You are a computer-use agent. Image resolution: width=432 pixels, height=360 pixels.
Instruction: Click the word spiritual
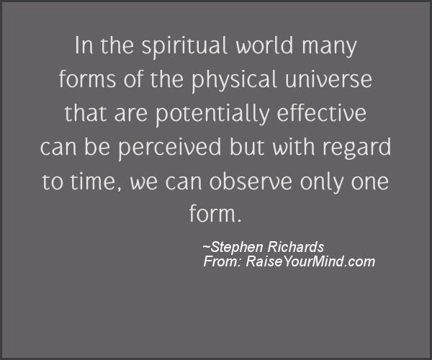(184, 46)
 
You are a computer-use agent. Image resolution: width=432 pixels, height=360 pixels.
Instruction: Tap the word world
(264, 45)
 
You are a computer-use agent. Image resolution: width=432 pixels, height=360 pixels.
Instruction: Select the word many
(329, 48)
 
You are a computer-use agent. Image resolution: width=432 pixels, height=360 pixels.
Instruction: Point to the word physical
(234, 81)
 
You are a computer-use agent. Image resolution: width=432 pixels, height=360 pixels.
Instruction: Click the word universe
(328, 79)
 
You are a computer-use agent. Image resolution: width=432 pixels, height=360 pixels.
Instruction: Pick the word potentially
(212, 114)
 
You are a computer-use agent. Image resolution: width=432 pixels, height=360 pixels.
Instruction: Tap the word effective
(322, 112)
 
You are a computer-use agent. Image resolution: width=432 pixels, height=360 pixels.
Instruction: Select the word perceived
(169, 148)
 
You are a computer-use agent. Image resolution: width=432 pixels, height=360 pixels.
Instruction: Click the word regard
(356, 148)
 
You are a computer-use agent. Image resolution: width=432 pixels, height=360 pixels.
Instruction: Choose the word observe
(251, 181)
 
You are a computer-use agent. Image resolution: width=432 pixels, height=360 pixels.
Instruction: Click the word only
(321, 183)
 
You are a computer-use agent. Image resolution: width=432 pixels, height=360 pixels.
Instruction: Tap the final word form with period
(215, 213)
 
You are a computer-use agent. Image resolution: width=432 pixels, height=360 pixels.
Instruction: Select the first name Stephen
(237, 247)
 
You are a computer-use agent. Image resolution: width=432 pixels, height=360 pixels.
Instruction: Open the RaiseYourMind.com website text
(310, 261)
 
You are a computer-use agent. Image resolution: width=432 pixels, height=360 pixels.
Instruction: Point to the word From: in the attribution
(222, 261)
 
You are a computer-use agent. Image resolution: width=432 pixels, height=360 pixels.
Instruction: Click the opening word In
(84, 45)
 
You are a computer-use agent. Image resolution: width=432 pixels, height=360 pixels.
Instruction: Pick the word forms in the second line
(87, 78)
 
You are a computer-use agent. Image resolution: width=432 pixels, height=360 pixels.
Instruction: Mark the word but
(246, 147)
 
